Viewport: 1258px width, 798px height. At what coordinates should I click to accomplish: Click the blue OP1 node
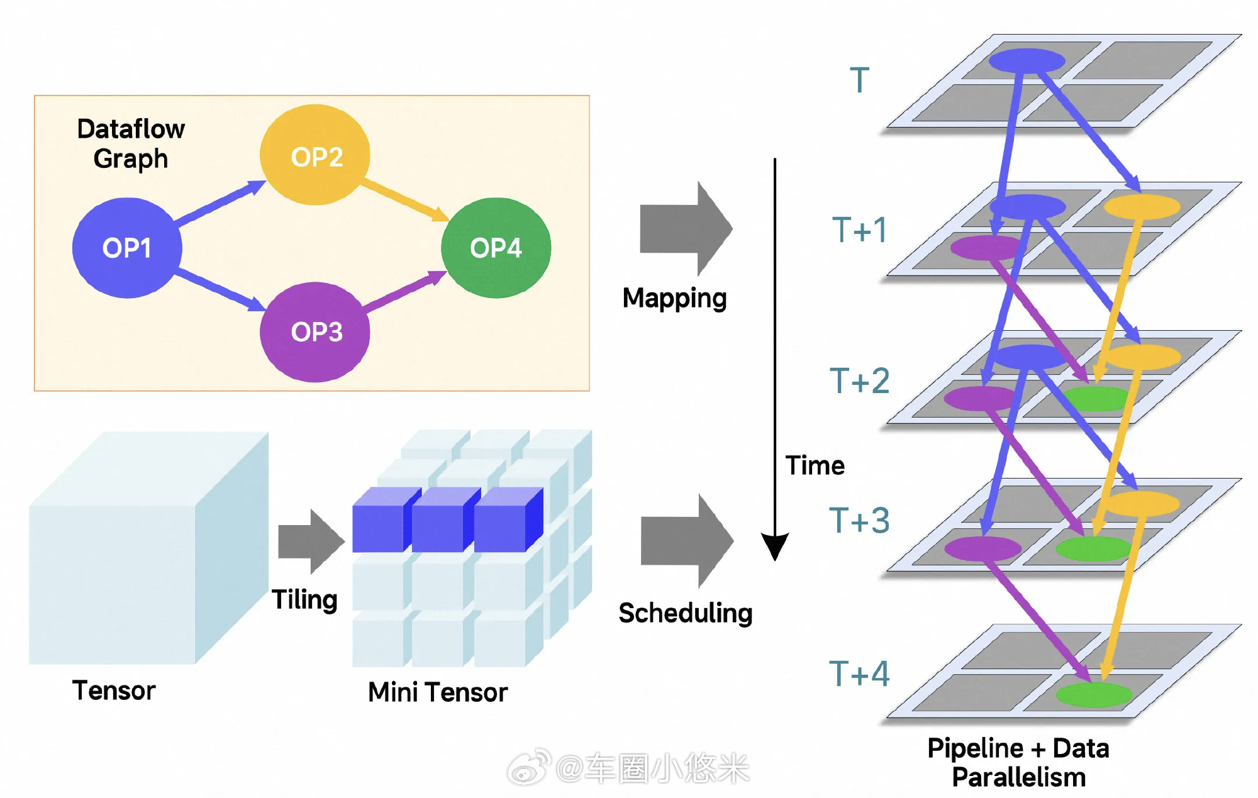[x=127, y=248]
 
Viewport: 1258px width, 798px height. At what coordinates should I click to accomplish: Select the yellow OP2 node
[x=315, y=155]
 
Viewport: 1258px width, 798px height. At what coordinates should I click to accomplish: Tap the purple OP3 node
[x=315, y=331]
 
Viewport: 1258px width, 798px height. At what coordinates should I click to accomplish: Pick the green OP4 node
[x=496, y=248]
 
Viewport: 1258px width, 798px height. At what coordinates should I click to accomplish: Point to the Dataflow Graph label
[x=131, y=143]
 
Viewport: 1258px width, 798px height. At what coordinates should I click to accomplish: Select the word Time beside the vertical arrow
[x=815, y=466]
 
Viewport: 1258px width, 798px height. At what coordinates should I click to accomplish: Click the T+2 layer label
[x=859, y=381]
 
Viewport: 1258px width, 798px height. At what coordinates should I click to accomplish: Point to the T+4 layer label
[x=859, y=673]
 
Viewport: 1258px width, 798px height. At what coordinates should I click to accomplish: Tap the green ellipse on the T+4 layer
[x=1094, y=694]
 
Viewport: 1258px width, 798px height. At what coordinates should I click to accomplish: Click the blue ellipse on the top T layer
[x=1027, y=61]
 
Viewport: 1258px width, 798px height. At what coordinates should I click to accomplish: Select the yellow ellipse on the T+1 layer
[x=1142, y=206]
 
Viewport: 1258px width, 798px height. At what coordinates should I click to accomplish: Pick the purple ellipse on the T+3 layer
[x=983, y=548]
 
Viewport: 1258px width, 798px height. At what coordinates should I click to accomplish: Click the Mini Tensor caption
[x=437, y=692]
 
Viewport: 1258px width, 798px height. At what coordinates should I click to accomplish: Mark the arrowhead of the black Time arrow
[x=775, y=546]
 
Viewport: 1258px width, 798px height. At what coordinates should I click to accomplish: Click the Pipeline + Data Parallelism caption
[x=1018, y=763]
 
